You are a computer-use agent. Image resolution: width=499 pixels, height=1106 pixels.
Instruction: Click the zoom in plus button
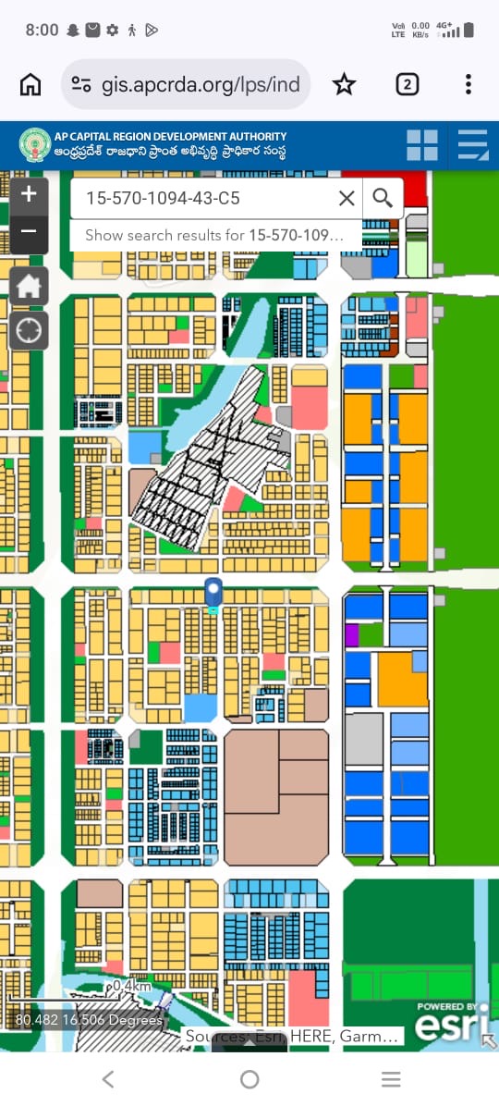29,194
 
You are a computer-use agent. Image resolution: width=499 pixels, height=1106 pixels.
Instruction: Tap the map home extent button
29,286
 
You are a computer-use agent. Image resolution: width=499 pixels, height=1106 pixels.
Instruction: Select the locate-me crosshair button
29,330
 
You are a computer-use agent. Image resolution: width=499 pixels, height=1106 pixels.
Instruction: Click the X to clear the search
347,198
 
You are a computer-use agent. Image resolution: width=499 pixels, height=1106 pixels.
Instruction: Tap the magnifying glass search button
383,197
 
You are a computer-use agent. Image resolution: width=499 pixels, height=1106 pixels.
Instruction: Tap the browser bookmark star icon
344,85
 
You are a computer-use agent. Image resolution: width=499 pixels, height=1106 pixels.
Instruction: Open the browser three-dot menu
469,85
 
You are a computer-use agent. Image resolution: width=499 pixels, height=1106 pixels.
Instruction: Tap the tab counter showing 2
407,85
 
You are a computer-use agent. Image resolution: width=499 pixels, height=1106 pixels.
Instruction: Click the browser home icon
30,85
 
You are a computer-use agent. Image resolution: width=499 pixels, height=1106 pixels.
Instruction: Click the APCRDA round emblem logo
35,145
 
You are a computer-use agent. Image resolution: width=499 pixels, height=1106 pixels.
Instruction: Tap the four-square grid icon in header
422,145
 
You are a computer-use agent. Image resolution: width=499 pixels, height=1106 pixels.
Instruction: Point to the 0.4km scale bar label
131,987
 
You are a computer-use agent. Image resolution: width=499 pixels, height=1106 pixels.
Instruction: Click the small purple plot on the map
351,634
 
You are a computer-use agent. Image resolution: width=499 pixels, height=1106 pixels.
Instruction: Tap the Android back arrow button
108,1079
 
